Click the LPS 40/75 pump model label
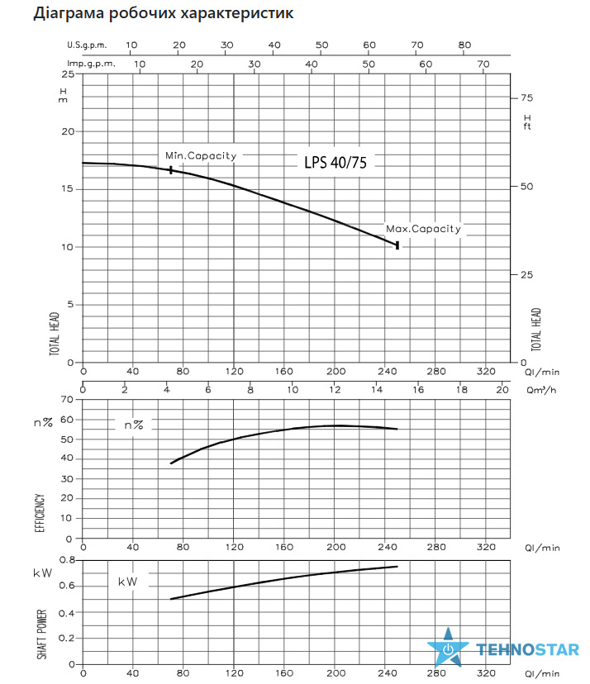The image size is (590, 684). (x=335, y=162)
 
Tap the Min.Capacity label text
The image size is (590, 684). (x=201, y=156)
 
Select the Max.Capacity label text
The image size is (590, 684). (x=423, y=229)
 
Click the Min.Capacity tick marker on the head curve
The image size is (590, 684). (x=170, y=169)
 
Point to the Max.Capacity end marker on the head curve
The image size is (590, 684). (x=397, y=245)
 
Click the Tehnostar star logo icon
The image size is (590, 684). (x=448, y=648)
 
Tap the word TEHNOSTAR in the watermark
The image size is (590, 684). (x=527, y=649)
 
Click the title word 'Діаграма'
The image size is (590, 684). (x=69, y=12)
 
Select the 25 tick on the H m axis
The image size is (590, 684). (x=68, y=74)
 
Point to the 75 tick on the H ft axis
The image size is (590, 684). (x=526, y=97)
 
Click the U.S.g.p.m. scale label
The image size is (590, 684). (x=87, y=45)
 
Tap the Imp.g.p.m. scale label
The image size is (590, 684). (x=91, y=64)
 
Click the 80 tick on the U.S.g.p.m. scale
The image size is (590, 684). (x=464, y=45)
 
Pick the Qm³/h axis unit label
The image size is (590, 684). (x=541, y=390)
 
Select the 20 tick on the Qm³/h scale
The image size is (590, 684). (x=502, y=390)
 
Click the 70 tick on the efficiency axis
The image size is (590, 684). (x=67, y=399)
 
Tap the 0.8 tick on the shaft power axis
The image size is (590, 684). (x=67, y=560)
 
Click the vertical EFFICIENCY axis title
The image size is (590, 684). (x=40, y=513)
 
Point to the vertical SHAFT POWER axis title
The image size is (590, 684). (x=42, y=634)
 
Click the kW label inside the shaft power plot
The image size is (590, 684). (x=127, y=582)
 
